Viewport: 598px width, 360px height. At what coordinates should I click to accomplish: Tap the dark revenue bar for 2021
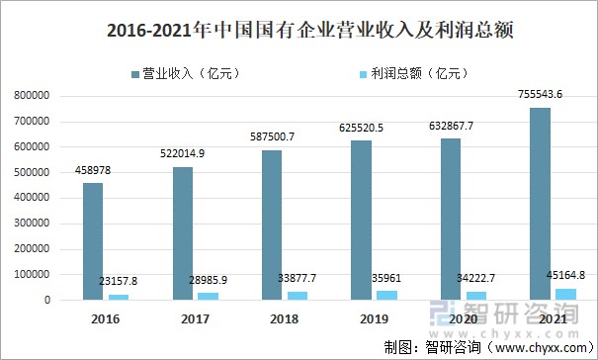click(540, 203)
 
